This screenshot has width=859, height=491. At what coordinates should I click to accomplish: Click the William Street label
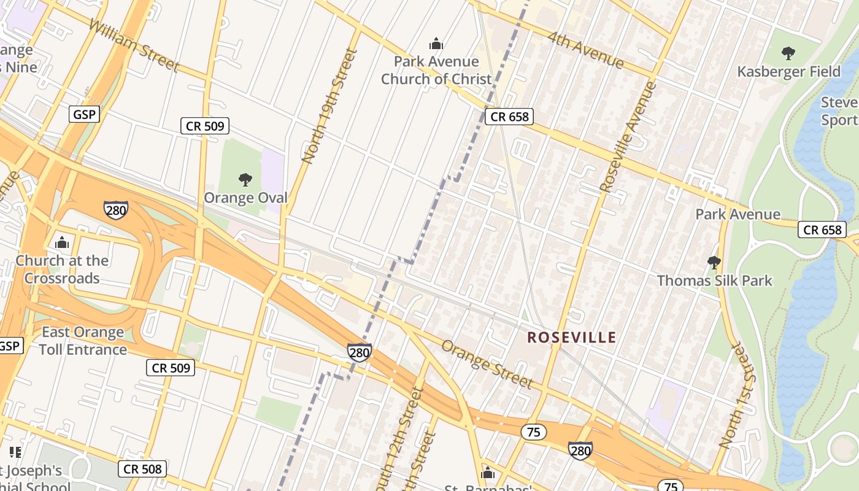[134, 45]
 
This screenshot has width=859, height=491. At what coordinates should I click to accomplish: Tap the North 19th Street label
[329, 106]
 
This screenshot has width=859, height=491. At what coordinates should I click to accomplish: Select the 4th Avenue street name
[585, 50]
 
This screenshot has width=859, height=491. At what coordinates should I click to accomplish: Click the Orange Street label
[487, 365]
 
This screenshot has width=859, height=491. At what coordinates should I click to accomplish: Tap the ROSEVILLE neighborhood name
[572, 338]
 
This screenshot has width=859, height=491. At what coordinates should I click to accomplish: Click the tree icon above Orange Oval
[245, 180]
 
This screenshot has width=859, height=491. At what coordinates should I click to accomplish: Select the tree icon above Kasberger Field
[788, 53]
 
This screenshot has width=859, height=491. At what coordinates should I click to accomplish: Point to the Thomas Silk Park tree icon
[714, 263]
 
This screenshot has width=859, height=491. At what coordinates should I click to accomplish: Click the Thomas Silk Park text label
[715, 280]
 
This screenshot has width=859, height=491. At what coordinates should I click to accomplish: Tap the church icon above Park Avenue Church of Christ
[436, 44]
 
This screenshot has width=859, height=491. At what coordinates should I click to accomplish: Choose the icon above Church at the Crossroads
[62, 243]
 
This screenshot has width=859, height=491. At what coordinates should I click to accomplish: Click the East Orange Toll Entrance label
[83, 341]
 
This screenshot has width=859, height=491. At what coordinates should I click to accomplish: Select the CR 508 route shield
[142, 470]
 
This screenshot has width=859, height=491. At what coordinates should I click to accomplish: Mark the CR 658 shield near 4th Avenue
[509, 117]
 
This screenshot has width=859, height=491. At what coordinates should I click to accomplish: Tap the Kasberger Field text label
[788, 72]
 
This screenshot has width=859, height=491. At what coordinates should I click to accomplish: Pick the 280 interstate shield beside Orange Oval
[115, 210]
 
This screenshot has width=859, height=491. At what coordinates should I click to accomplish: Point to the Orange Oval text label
[245, 198]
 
